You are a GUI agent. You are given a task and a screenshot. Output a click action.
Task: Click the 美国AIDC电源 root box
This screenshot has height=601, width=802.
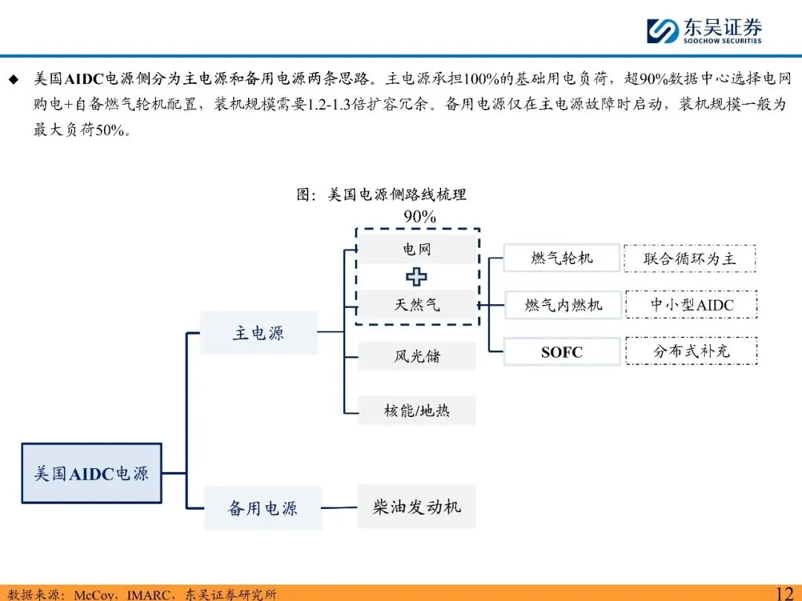click(91, 473)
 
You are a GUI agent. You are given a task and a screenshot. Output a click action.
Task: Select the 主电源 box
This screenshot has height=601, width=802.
click(258, 333)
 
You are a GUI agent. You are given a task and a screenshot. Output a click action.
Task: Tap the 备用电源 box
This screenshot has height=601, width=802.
click(263, 508)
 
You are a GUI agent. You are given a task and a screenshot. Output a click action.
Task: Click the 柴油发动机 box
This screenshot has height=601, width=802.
click(416, 507)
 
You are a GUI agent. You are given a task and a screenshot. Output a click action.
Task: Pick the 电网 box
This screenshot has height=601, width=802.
click(417, 249)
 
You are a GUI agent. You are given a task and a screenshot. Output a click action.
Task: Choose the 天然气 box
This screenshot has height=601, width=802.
click(417, 304)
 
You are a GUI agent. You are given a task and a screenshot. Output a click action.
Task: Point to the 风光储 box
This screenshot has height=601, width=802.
click(417, 356)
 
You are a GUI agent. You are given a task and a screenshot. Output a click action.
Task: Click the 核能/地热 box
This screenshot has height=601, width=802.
click(417, 410)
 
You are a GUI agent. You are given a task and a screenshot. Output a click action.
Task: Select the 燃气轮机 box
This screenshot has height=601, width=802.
click(561, 258)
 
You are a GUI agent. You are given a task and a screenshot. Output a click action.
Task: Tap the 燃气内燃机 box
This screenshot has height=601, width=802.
click(561, 305)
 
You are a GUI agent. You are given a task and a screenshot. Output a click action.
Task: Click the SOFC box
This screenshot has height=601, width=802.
click(561, 352)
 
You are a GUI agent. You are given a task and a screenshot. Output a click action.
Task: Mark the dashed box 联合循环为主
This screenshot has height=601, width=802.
click(690, 258)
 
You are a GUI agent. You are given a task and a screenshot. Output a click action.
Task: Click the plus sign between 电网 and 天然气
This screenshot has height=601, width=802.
click(417, 277)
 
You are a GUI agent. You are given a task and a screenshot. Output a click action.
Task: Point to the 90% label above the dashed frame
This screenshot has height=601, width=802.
click(420, 217)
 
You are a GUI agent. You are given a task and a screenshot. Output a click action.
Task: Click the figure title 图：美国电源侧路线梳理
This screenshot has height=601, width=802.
click(382, 195)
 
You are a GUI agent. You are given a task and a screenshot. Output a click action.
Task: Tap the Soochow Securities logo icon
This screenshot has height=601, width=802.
click(662, 30)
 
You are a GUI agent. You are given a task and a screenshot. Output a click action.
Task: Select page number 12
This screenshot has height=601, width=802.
click(784, 592)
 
